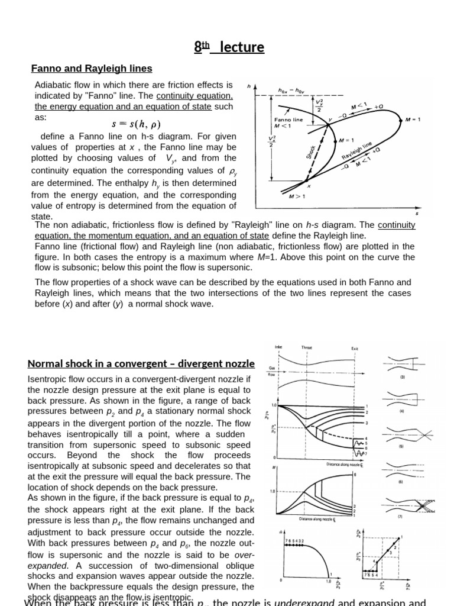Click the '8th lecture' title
pos(229,47)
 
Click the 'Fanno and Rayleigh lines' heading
pos(92,69)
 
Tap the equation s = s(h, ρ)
pos(136,124)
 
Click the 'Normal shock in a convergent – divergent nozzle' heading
pos(141,363)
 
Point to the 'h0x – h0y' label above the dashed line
pos(290,91)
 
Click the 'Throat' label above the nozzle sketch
pos(307,348)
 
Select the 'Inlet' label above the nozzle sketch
pos(278,347)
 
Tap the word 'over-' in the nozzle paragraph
pos(242,555)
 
